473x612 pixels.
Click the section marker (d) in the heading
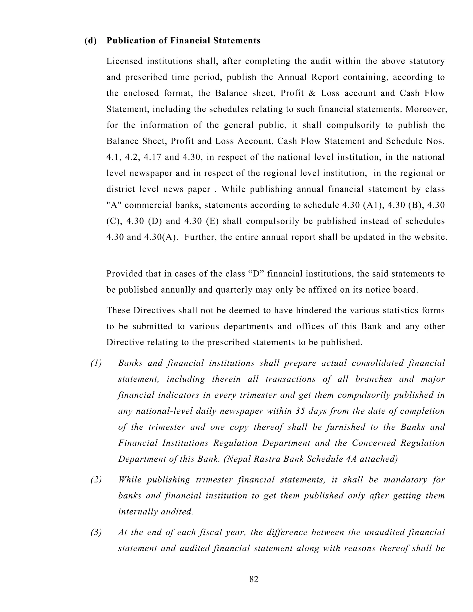click(x=91, y=41)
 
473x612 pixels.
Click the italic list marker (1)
click(x=96, y=363)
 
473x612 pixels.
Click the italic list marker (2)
click(x=96, y=480)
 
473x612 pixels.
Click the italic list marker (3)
click(x=96, y=532)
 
